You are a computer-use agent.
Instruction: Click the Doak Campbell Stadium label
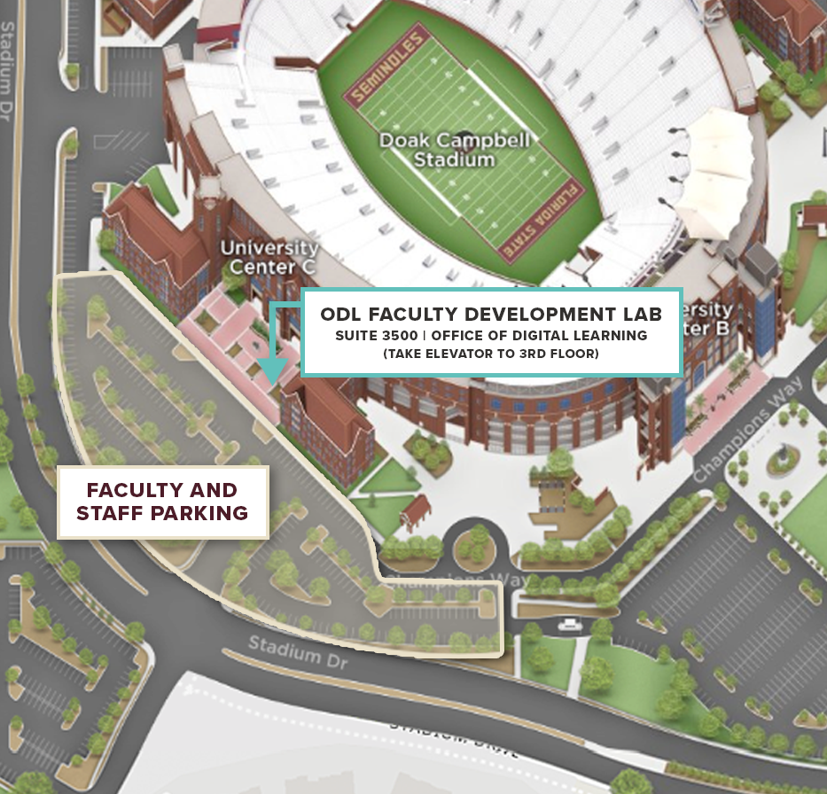[x=455, y=150]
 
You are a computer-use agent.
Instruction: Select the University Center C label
[x=269, y=257]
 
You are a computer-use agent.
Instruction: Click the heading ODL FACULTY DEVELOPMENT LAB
[x=491, y=315]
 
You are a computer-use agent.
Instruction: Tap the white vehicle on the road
[x=568, y=625]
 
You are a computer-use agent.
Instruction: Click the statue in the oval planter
[x=781, y=457]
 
